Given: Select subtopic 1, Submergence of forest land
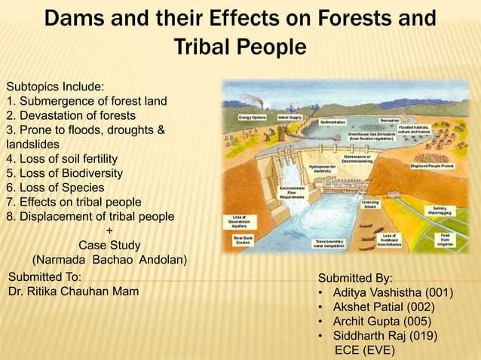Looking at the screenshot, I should [x=86, y=101].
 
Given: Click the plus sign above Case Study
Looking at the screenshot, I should [x=109, y=230].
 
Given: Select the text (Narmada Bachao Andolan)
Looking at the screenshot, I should [x=109, y=260].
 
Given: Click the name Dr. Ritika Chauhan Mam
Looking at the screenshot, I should [x=72, y=291].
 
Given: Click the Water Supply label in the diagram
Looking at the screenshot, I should [x=290, y=117].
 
